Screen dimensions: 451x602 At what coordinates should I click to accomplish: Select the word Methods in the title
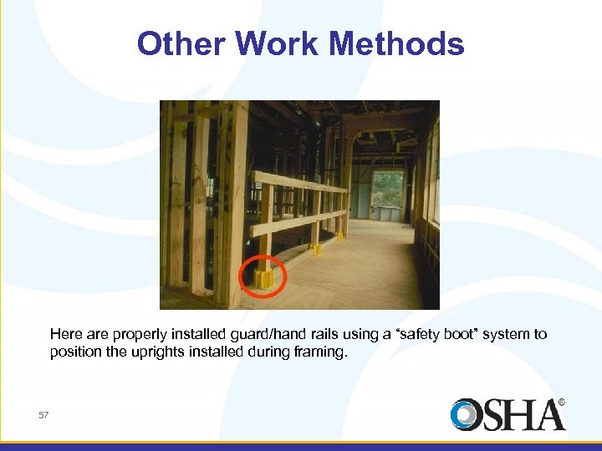coord(400,43)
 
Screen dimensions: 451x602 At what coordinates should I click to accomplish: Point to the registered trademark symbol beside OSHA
coord(561,402)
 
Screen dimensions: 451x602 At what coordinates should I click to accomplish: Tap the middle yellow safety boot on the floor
coord(315,248)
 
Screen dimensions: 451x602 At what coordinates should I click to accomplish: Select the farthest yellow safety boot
coord(340,236)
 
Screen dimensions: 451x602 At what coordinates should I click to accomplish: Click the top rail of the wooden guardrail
coord(301,183)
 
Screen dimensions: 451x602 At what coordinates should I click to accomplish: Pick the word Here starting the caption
coord(65,334)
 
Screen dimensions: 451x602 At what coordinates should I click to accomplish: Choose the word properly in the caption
coord(136,334)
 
